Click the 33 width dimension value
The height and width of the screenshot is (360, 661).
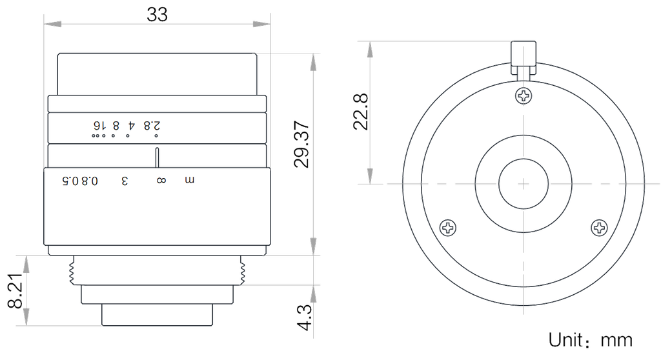click(x=157, y=14)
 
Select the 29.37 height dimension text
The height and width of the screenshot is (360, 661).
click(x=302, y=144)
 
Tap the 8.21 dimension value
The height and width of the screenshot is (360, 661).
click(x=15, y=290)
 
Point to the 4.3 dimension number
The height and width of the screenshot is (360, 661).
click(x=305, y=317)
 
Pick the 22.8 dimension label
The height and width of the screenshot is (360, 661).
click(x=361, y=112)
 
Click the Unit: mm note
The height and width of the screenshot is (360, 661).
click(x=590, y=340)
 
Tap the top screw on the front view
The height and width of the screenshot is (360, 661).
click(x=524, y=95)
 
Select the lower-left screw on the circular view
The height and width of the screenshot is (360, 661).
click(x=448, y=228)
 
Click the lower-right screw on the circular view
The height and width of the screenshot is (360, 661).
click(x=599, y=228)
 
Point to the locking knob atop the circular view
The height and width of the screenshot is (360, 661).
click(x=524, y=58)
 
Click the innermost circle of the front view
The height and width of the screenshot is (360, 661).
click(x=524, y=184)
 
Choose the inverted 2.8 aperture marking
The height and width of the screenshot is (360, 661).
click(x=152, y=125)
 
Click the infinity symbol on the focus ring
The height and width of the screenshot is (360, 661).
click(x=161, y=181)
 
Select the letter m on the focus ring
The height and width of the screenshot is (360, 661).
click(x=190, y=181)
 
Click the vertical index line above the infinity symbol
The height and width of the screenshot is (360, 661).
click(x=157, y=157)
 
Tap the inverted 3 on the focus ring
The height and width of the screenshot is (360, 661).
click(x=125, y=181)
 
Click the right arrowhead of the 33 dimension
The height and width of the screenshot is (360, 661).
click(x=261, y=24)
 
